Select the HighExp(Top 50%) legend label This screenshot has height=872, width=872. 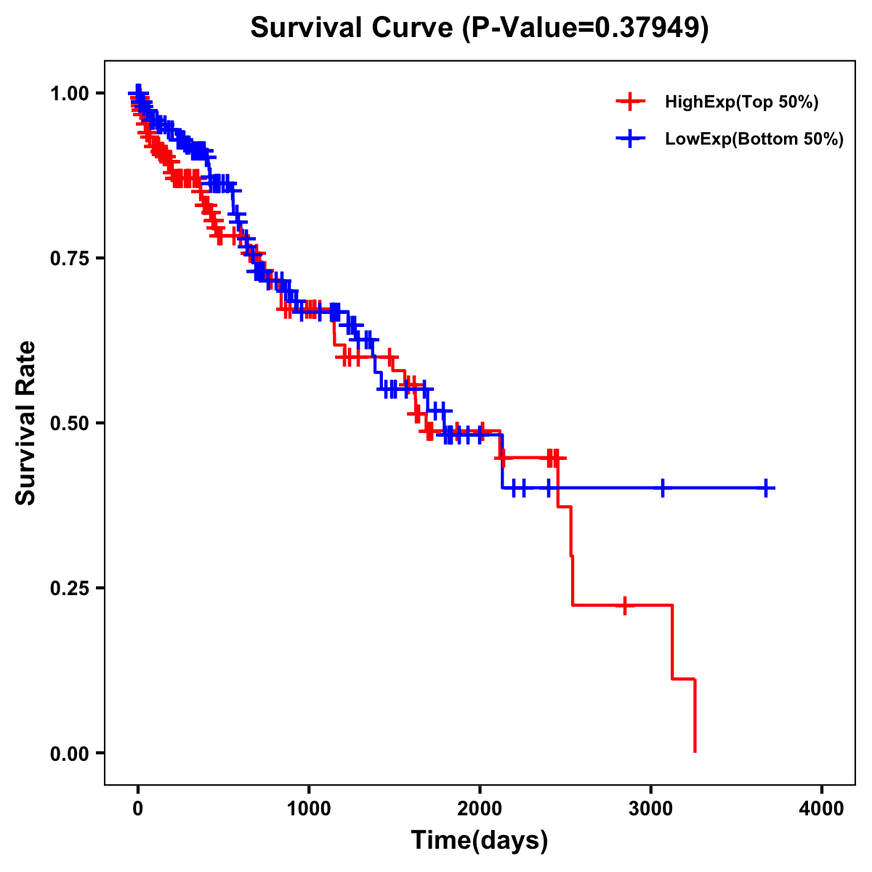click(741, 102)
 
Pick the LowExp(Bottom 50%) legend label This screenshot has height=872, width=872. click(754, 139)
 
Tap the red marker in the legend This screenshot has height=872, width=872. click(630, 102)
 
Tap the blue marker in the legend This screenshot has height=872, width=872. click(630, 138)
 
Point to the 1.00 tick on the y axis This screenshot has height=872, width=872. click(70, 94)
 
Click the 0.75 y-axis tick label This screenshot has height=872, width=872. click(70, 259)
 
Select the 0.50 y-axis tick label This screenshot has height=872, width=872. click(70, 424)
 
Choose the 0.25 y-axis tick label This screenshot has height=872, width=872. click(70, 589)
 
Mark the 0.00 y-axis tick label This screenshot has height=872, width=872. click(70, 754)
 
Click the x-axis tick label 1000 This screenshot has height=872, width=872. click(309, 809)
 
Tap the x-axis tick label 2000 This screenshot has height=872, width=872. click(480, 809)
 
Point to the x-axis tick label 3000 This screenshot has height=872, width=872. click(651, 809)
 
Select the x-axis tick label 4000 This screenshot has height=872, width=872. click(822, 809)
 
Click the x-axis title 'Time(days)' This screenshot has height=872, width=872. click(480, 841)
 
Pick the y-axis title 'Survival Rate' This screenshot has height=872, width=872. click(26, 423)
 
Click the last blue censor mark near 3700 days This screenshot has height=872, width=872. click(766, 488)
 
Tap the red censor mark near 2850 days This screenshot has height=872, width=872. click(624, 605)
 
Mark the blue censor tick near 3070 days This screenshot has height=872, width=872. click(662, 488)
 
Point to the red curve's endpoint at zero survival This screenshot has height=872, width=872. click(695, 751)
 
